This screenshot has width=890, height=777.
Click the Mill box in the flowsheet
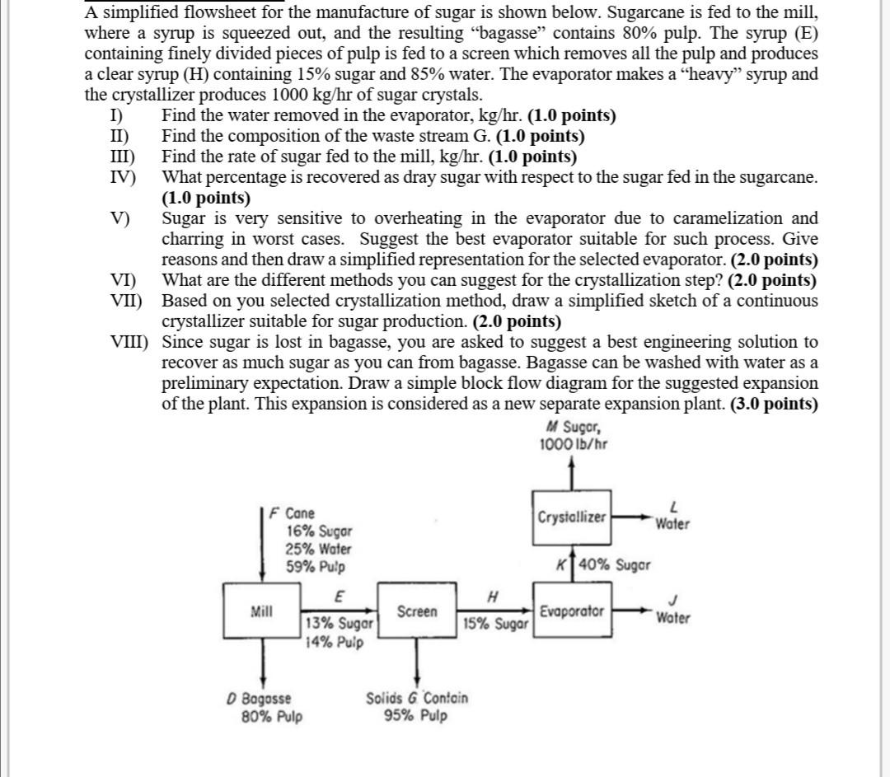coord(262,611)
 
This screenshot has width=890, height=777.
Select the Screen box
coord(417,611)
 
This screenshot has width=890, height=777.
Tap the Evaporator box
coord(573,611)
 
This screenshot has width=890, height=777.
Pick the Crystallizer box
coord(573,517)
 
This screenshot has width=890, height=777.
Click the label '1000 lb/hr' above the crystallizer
coord(574,445)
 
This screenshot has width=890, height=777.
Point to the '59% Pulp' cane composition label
coord(316,567)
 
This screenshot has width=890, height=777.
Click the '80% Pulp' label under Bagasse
coord(272,716)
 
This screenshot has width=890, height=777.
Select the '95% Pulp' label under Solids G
coord(416,715)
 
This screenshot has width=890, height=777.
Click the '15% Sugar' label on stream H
coord(495,624)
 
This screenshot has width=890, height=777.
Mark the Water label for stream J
coord(673,618)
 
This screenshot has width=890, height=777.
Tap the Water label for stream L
coord(673,523)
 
